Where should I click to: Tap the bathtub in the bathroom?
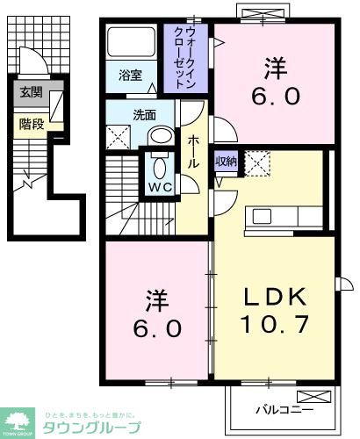point(132,45)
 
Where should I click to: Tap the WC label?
point(159,187)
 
